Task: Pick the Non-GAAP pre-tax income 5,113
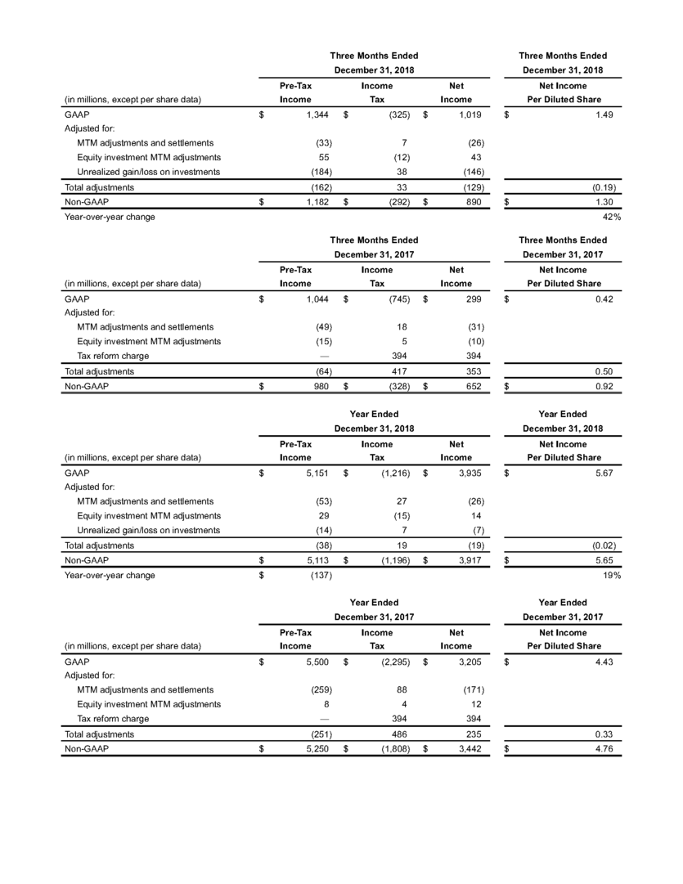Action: pyautogui.click(x=316, y=560)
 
